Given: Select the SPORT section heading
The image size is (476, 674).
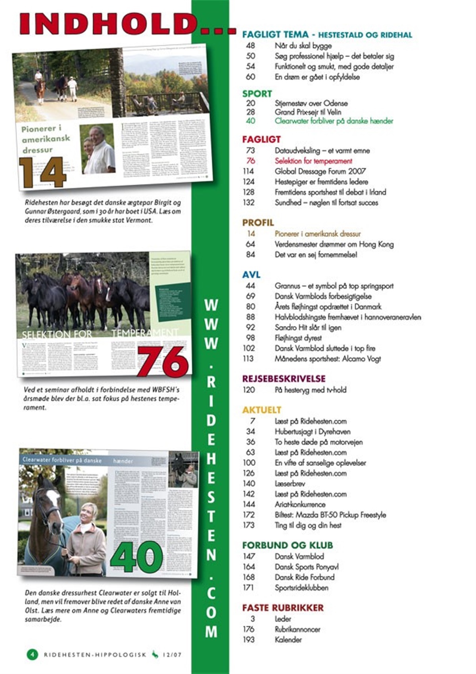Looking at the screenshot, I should pyautogui.click(x=257, y=94).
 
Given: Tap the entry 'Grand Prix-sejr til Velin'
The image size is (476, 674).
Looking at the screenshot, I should pyautogui.click(x=308, y=112).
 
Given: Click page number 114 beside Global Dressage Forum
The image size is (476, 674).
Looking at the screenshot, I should pyautogui.click(x=249, y=171).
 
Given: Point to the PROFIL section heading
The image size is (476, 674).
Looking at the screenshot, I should pyautogui.click(x=258, y=223).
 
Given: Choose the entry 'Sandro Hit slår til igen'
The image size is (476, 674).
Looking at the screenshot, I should pyautogui.click(x=308, y=327).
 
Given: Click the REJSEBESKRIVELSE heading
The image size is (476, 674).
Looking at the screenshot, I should pyautogui.click(x=284, y=379).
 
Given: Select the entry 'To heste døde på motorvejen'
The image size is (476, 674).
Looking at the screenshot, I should pyautogui.click(x=319, y=442).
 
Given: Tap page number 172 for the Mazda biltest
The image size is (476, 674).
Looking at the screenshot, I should pyautogui.click(x=249, y=515).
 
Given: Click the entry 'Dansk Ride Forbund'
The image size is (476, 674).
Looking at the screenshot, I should pyautogui.click(x=304, y=577).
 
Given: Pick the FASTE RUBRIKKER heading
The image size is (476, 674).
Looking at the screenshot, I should pyautogui.click(x=283, y=608).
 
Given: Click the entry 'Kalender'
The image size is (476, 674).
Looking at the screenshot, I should pyautogui.click(x=288, y=640).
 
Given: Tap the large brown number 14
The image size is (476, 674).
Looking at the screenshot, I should pyautogui.click(x=42, y=172).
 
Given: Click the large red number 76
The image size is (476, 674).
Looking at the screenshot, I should pyautogui.click(x=163, y=361).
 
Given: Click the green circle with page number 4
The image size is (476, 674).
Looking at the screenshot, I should pyautogui.click(x=32, y=654).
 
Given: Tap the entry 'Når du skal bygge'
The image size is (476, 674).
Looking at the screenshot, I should pyautogui.click(x=303, y=46).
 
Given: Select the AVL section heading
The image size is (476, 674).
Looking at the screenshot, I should pyautogui.click(x=251, y=275).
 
